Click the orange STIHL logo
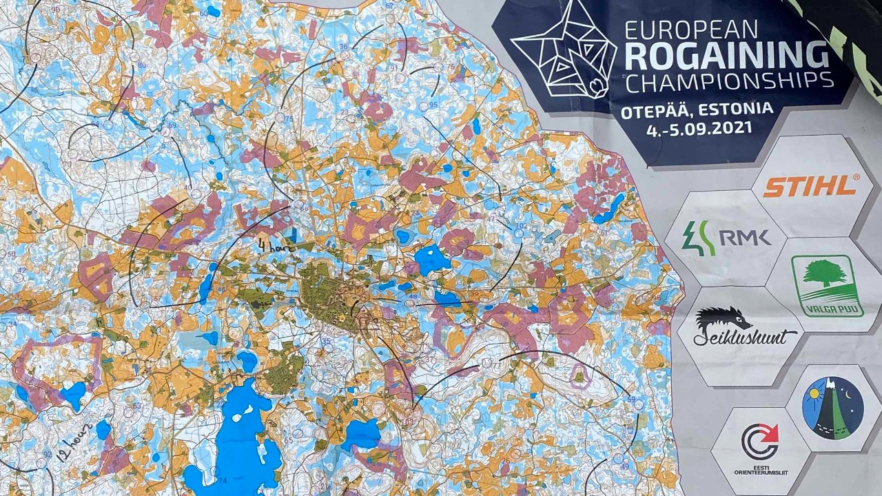[811, 186]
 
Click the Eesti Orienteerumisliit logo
[760, 448]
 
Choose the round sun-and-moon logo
[832, 408]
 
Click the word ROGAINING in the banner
[726, 55]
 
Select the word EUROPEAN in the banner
[690, 30]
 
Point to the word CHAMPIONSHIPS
[729, 81]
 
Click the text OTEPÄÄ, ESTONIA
[697, 110]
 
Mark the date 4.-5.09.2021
[697, 128]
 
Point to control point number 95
[433, 105]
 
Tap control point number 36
[343, 47]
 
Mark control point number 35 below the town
[326, 341]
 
